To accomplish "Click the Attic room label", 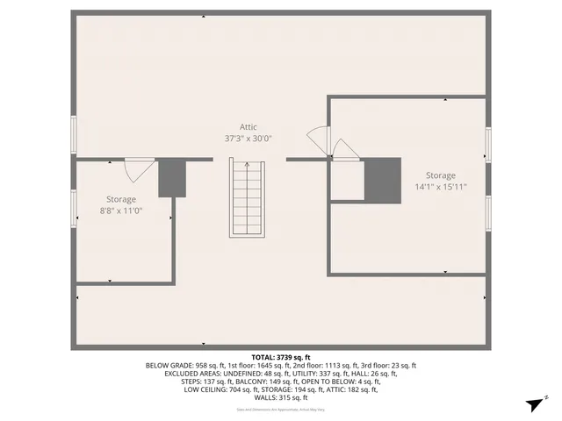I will click(x=249, y=127).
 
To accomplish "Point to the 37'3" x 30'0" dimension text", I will click(x=249, y=139).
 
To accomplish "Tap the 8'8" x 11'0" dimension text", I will click(x=121, y=210).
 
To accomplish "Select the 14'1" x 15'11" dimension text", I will click(x=441, y=187).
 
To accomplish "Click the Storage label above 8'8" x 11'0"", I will click(x=121, y=199).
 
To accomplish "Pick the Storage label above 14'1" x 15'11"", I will click(x=441, y=175).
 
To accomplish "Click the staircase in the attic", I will click(x=247, y=197).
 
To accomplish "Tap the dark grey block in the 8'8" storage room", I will click(x=172, y=178).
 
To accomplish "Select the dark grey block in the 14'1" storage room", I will click(x=383, y=179).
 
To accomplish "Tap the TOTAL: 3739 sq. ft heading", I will click(x=281, y=357).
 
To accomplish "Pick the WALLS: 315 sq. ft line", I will click(x=281, y=397).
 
